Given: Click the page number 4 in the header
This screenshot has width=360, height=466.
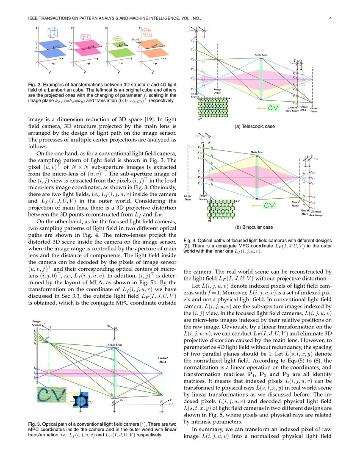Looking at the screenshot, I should tap(330, 18).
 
